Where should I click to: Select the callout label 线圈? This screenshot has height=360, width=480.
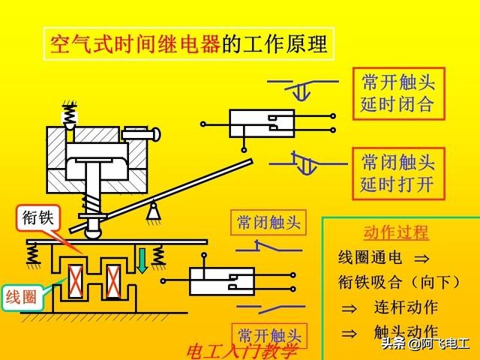[21, 295]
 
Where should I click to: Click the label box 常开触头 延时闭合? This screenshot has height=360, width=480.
[397, 93]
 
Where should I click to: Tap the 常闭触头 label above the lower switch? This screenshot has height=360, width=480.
[268, 222]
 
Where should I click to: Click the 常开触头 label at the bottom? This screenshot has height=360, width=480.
[268, 334]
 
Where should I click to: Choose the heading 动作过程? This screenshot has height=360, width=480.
[395, 232]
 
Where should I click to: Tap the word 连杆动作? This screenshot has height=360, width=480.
[406, 307]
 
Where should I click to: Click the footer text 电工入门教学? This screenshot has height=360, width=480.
[242, 350]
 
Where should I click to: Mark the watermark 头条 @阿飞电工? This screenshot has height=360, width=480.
[424, 344]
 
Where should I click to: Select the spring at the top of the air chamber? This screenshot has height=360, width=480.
[69, 115]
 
